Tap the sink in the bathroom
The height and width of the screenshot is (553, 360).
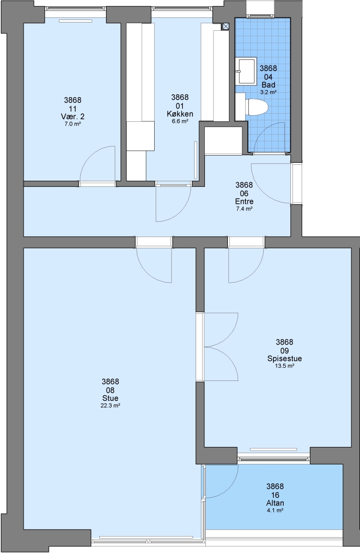click(246, 71)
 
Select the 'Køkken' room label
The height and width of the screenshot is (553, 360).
click(180, 114)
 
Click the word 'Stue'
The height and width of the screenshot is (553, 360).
click(111, 398)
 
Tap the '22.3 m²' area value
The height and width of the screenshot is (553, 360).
click(111, 406)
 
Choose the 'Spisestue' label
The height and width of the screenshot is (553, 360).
click(285, 358)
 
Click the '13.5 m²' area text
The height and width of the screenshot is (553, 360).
click(285, 366)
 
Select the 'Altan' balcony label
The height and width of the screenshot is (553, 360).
click(275, 503)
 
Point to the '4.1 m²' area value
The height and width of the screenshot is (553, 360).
click(275, 511)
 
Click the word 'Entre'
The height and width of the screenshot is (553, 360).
click(244, 201)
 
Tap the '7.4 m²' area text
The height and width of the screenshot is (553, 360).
click(244, 209)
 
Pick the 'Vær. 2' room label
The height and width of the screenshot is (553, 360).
click(73, 116)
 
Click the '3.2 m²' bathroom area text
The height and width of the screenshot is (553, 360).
click(268, 92)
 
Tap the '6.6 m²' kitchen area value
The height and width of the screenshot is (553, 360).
click(180, 121)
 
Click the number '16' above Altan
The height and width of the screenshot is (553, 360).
click(275, 495)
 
